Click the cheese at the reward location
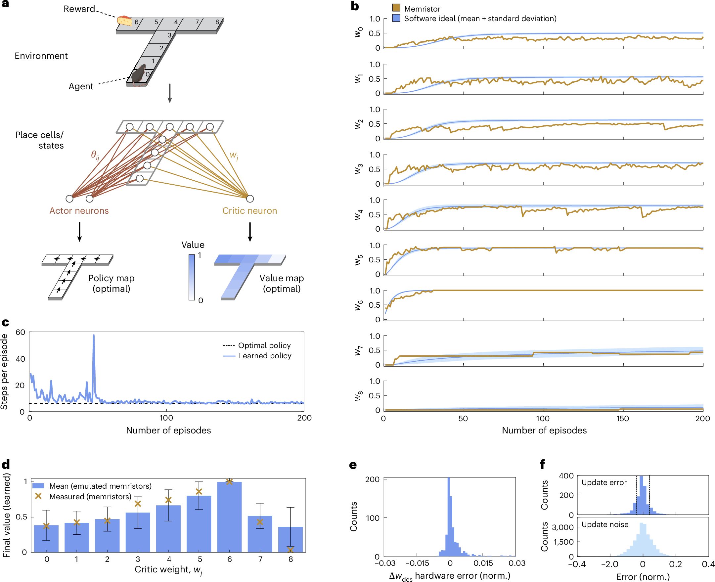[124, 21]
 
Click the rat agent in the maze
[138, 75]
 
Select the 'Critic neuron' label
[249, 210]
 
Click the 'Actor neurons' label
[79, 210]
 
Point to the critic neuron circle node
[250, 199]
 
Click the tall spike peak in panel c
[94, 335]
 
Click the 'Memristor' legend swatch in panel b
[396, 8]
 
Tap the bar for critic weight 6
[229, 516]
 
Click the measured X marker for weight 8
[290, 550]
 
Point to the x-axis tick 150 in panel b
[622, 419]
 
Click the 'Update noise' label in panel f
[605, 524]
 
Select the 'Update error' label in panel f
[604, 482]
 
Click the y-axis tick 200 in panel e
[372, 479]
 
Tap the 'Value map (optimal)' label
[282, 283]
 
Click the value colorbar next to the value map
[192, 277]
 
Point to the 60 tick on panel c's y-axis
[20, 332]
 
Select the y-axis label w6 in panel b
[358, 305]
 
